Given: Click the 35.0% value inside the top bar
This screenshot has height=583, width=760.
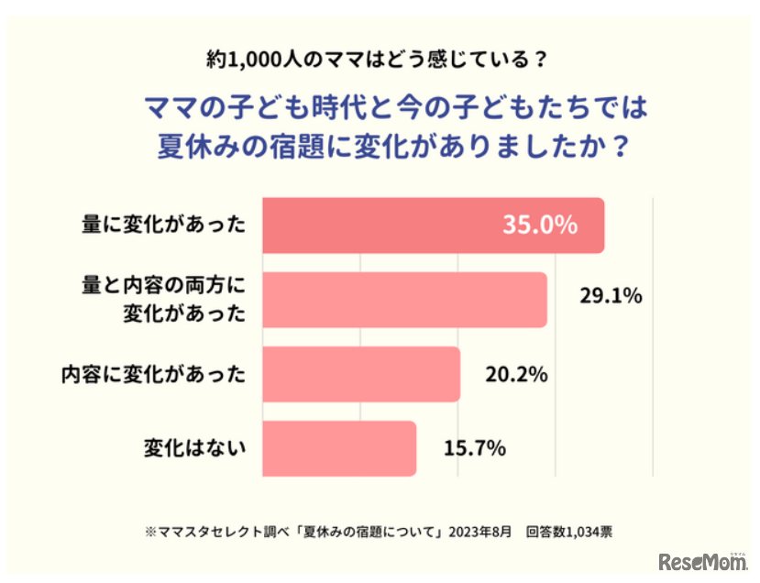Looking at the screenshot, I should (x=539, y=225).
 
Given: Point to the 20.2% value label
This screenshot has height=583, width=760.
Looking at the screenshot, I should (x=516, y=374).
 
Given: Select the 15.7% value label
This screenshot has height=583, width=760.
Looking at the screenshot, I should (x=475, y=448).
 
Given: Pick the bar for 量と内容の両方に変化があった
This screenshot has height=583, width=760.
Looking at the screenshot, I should (x=404, y=300).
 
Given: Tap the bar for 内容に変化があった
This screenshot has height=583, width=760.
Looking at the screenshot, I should (x=361, y=374).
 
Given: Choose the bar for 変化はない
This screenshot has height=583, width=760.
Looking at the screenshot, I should (x=339, y=448).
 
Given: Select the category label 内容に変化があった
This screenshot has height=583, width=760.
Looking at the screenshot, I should (x=154, y=374).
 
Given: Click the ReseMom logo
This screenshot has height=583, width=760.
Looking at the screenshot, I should (x=702, y=561).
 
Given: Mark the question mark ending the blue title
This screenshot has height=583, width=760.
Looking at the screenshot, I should (x=621, y=147).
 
